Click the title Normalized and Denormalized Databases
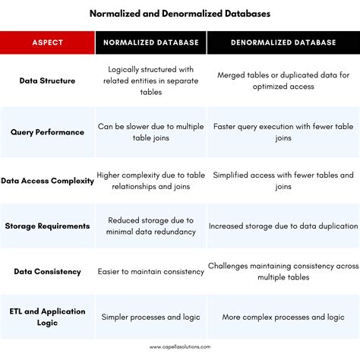tap(180, 14)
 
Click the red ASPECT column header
tap(47, 43)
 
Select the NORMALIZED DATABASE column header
tap(151, 43)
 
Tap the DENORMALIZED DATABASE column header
tap(283, 43)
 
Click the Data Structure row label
tap(47, 81)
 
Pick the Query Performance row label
tap(47, 131)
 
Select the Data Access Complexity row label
tap(47, 181)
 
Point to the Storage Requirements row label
tap(47, 226)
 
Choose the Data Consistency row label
tap(47, 271)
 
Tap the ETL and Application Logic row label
tap(47, 317)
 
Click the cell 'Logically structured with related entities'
tap(151, 81)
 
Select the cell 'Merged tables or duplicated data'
tap(283, 81)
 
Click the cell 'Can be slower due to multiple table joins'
tap(151, 131)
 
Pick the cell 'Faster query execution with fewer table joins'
tap(283, 131)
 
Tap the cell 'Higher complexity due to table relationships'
tap(151, 181)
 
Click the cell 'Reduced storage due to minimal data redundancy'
tap(151, 226)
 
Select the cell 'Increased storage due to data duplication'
tap(283, 226)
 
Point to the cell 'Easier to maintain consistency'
tap(151, 271)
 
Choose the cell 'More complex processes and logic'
tap(283, 317)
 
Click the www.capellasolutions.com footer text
tap(180, 346)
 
